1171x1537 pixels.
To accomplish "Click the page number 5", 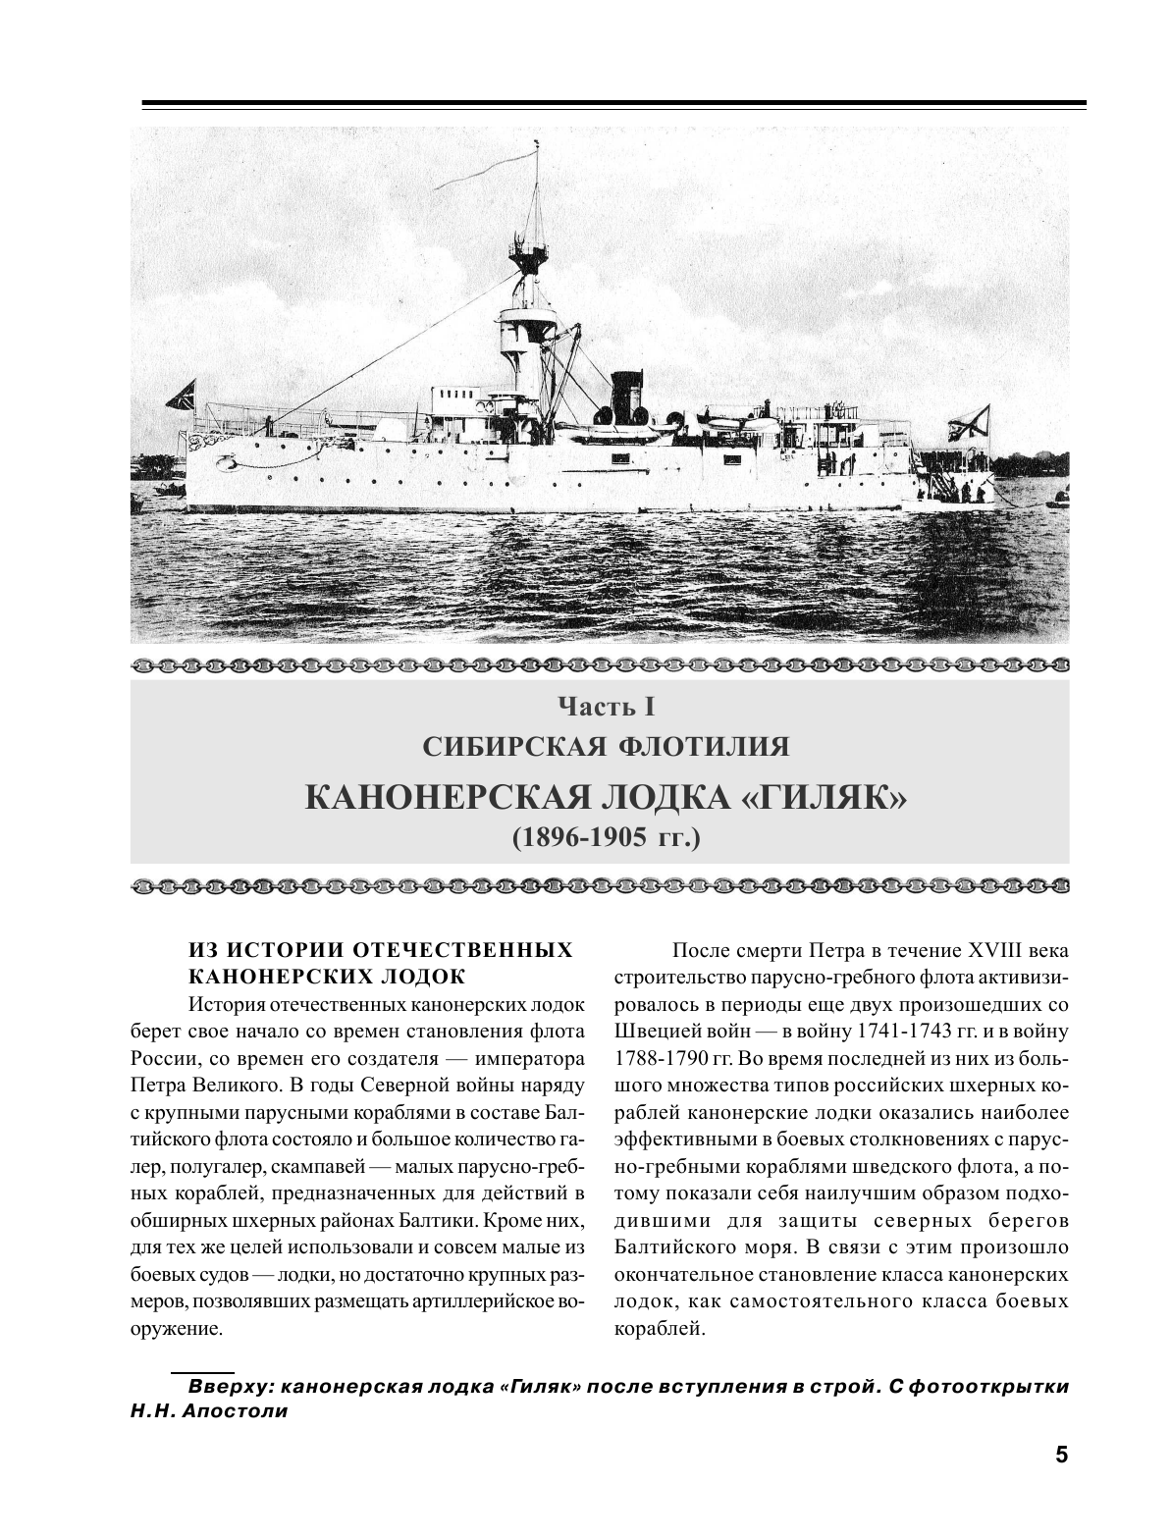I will click(x=1060, y=1455).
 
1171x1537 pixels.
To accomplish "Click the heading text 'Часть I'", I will click(x=599, y=706).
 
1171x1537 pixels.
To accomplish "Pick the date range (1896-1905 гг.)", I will click(x=599, y=838).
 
